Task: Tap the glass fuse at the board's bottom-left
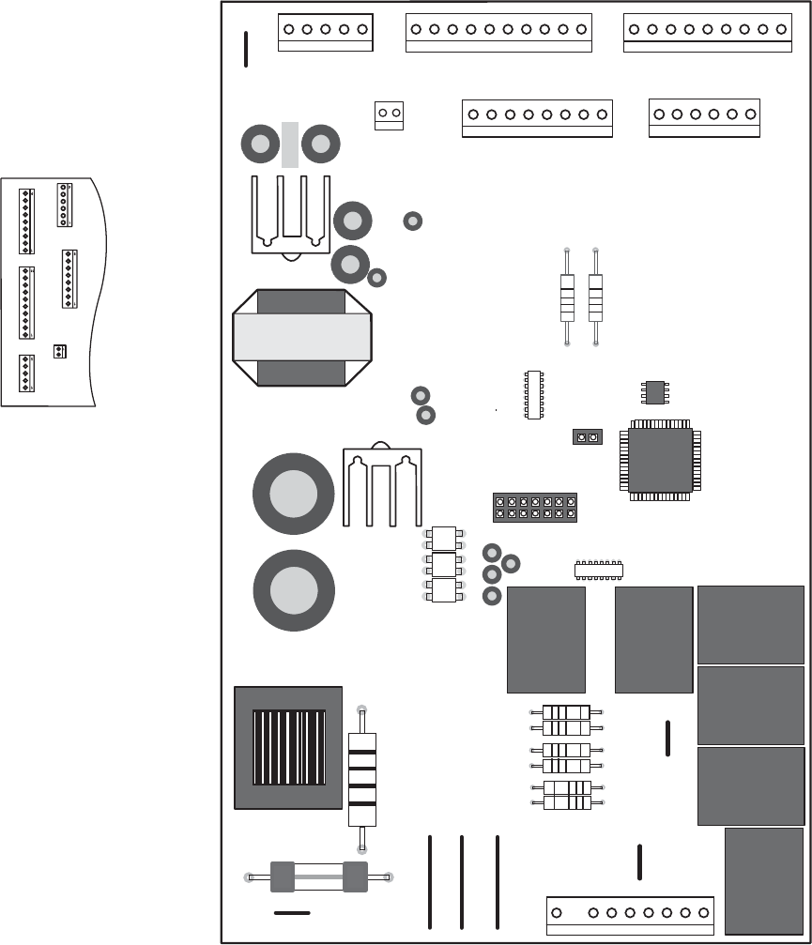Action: [318, 876]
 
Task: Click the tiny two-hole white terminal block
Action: [389, 114]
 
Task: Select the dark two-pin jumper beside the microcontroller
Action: [587, 437]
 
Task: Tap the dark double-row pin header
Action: [534, 508]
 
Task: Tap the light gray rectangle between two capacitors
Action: [290, 145]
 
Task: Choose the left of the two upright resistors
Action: [566, 297]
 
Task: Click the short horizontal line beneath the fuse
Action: [291, 912]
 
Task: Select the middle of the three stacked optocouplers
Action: [444, 565]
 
